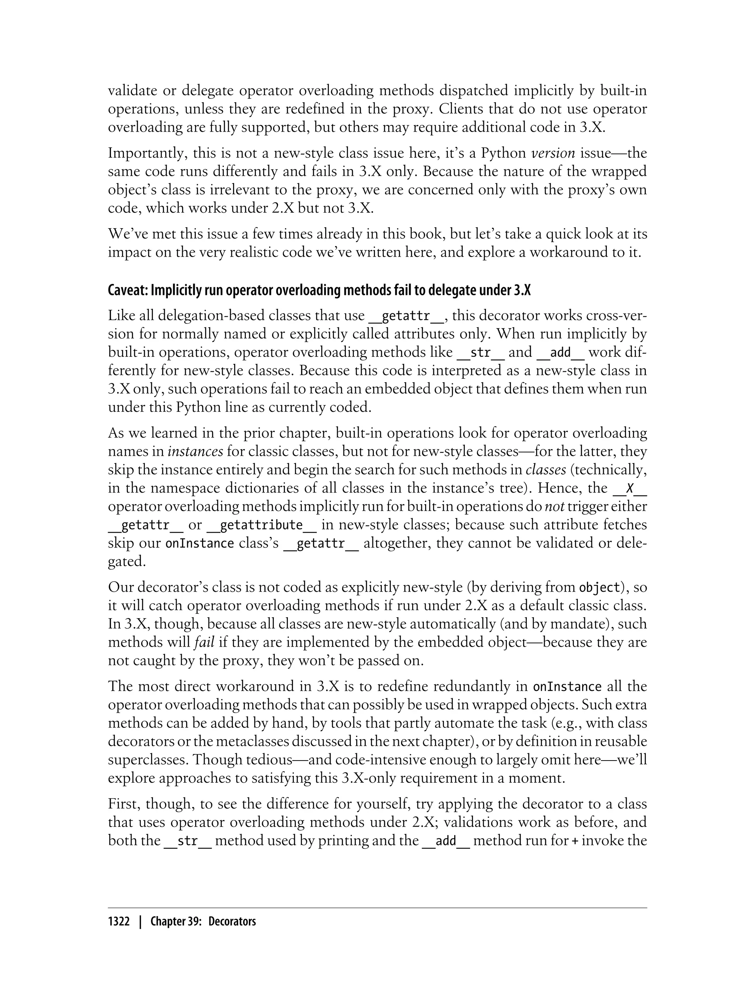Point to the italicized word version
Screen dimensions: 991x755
coord(553,153)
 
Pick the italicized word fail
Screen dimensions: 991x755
coord(203,642)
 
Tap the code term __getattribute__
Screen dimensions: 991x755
coord(261,525)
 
